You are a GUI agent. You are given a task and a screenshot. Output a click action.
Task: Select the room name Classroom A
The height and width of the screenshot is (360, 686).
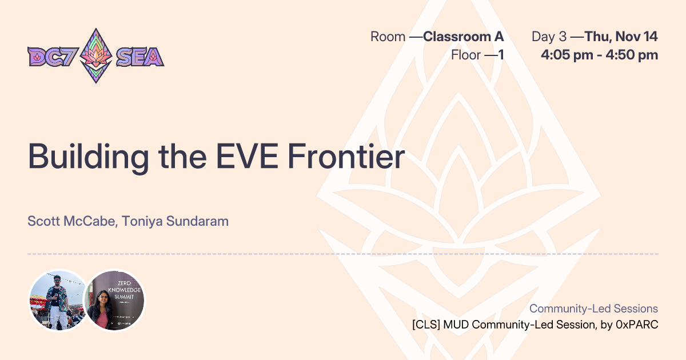click(x=463, y=37)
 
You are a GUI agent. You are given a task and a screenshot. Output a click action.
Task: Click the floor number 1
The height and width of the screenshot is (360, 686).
click(x=500, y=55)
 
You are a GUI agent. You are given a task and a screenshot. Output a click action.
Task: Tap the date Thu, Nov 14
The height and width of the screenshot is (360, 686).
click(x=621, y=37)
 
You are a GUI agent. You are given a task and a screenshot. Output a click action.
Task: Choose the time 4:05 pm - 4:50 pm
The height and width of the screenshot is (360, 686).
click(x=599, y=55)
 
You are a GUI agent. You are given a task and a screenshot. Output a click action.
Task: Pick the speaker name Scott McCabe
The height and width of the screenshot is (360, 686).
click(x=71, y=221)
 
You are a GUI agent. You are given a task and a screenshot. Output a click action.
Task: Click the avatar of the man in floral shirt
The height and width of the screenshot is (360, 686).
click(x=57, y=300)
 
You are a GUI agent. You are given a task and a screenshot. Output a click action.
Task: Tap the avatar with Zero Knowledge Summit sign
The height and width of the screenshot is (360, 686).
click(x=115, y=300)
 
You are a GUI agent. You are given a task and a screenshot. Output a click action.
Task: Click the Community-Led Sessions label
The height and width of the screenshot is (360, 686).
click(x=593, y=309)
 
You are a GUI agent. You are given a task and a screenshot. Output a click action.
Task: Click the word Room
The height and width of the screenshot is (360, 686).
click(x=388, y=37)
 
